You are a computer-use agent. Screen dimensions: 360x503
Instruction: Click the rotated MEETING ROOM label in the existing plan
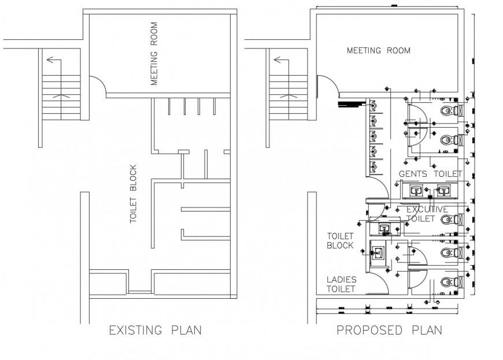(154, 54)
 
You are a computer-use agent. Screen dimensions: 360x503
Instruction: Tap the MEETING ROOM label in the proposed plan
(378, 51)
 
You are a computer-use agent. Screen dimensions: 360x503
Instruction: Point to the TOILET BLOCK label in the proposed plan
(340, 241)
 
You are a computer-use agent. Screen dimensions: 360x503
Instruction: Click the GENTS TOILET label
(431, 174)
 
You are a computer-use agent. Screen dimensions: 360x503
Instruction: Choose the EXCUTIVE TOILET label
(428, 214)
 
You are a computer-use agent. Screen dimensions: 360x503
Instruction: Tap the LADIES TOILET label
(341, 284)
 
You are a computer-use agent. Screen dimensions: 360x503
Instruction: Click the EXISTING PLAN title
(155, 331)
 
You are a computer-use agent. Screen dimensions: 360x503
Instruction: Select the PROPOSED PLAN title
(390, 331)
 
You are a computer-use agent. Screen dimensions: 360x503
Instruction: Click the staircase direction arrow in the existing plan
(54, 60)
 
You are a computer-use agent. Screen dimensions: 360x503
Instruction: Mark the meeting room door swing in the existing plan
(97, 87)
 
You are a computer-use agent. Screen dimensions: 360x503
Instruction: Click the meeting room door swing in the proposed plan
(324, 87)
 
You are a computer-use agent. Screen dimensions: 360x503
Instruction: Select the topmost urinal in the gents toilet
(374, 106)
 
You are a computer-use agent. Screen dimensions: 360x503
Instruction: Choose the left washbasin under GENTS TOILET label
(416, 190)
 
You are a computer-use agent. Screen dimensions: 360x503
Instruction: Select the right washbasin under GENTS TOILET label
(443, 190)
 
